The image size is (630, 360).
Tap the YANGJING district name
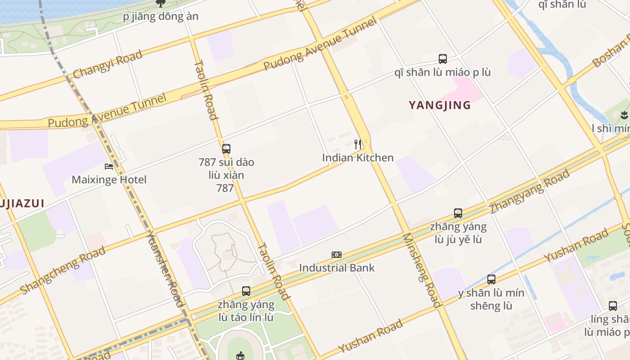[x=440, y=105]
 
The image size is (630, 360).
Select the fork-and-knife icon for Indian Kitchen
[x=358, y=144]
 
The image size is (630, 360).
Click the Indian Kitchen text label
[x=358, y=157]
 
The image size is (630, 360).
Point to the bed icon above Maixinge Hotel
[x=109, y=166]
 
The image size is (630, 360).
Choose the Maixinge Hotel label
[x=109, y=180]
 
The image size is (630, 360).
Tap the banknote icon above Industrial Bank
[x=337, y=255]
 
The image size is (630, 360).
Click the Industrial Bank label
[x=337, y=268]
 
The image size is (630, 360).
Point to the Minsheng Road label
[x=421, y=270]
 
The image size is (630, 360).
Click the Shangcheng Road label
[x=63, y=270]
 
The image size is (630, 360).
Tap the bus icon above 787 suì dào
[x=226, y=148]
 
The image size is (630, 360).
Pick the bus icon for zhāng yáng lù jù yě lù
[x=458, y=213]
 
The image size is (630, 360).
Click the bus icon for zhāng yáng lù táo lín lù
[x=246, y=291]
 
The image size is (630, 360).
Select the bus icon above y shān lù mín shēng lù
[x=491, y=279]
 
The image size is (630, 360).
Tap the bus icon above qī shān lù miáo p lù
[x=443, y=58]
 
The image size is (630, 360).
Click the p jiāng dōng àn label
[x=161, y=17]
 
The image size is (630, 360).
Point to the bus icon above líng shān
[x=613, y=306]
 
